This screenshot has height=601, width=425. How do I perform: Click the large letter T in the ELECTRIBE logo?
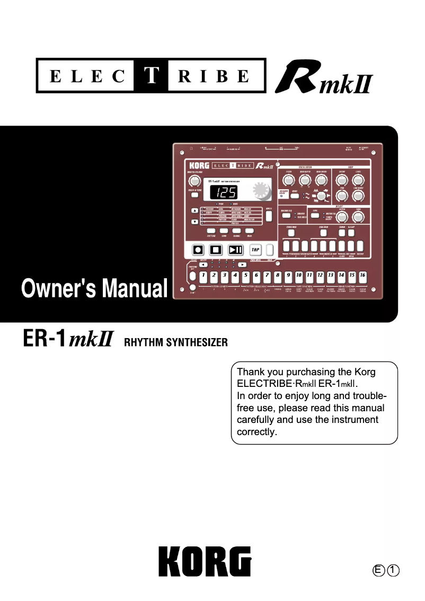(x=152, y=76)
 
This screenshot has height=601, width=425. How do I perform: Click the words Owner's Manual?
(x=94, y=289)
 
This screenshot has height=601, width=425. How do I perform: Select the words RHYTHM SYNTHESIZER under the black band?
(x=175, y=342)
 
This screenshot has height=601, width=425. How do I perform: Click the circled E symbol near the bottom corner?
(x=378, y=570)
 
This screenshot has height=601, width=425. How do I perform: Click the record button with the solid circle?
(x=198, y=249)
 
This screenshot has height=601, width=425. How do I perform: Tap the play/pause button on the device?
(x=236, y=249)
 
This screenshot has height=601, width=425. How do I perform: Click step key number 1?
(x=203, y=276)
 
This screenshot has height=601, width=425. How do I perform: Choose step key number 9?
(x=288, y=276)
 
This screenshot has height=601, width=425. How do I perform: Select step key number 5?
(x=245, y=276)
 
